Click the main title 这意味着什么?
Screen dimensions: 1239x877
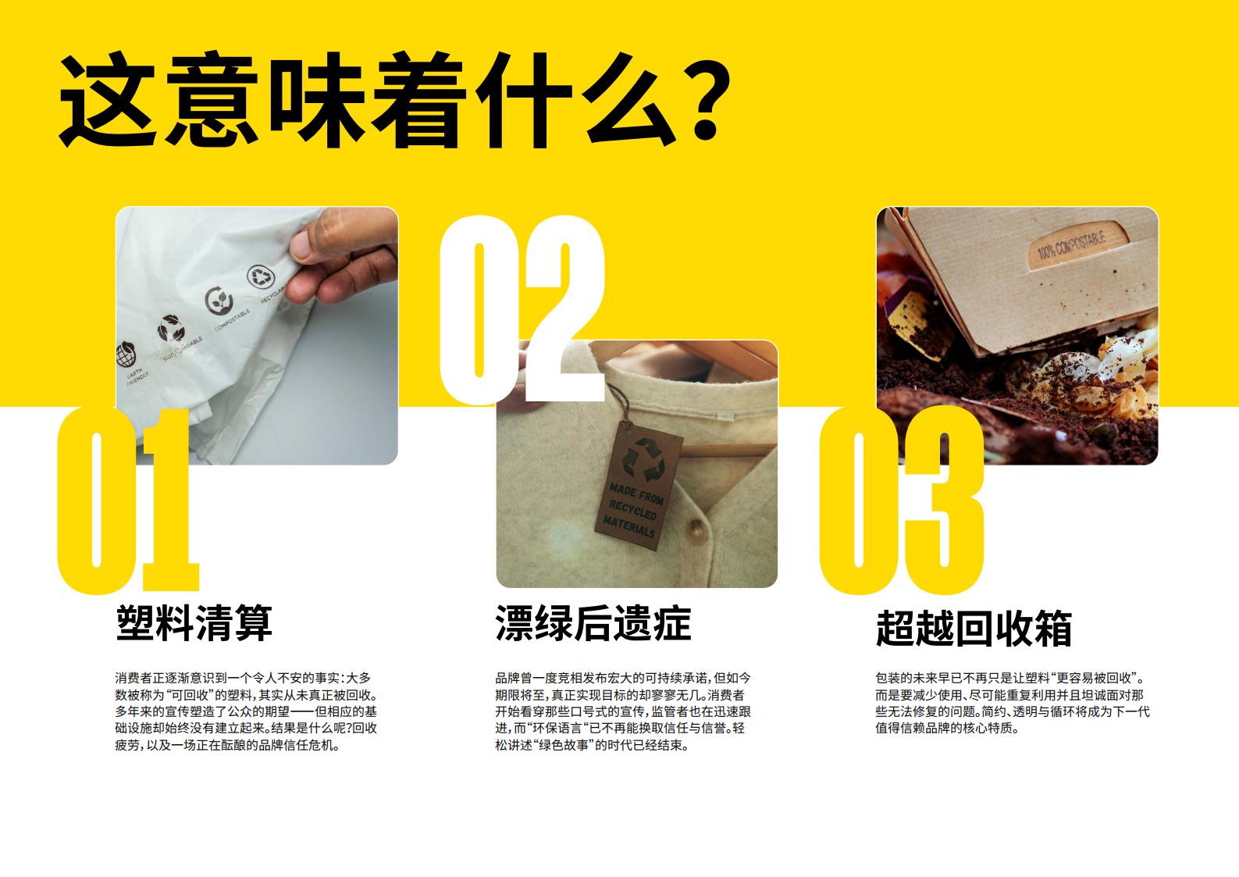tap(395, 100)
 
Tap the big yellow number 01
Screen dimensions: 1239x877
tap(128, 501)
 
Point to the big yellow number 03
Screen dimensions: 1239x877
tap(902, 501)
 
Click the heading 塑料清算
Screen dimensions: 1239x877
tap(194, 623)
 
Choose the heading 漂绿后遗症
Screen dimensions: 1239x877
tap(593, 623)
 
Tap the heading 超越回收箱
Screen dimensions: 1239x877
tap(974, 629)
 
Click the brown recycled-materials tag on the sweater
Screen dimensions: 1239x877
tap(638, 487)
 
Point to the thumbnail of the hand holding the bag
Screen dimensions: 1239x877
tap(257, 336)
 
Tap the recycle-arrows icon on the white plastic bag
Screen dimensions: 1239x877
tap(260, 276)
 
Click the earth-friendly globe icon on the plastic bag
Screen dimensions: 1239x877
tap(126, 355)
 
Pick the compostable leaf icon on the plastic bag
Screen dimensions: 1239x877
tap(219, 301)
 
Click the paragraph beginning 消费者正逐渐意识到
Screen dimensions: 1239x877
tap(246, 711)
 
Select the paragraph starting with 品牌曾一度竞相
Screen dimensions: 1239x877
tap(623, 711)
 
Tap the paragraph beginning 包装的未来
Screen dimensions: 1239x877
tap(1013, 703)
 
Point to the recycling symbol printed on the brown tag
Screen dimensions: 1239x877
tap(643, 459)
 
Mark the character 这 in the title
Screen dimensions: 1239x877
tap(106, 100)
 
